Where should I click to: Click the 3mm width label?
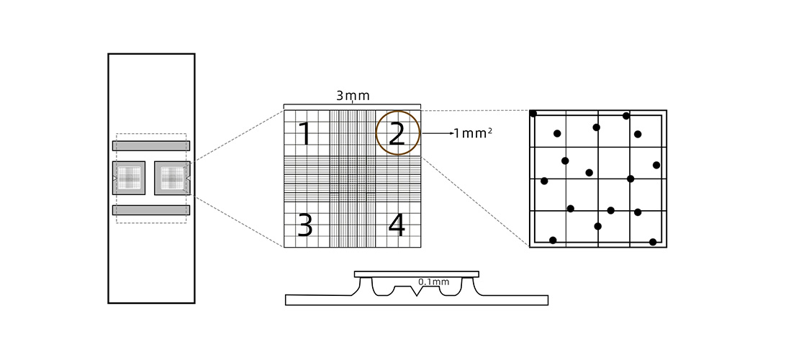353,96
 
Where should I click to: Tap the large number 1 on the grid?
305,134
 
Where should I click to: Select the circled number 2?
397,134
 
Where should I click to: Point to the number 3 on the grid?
305,225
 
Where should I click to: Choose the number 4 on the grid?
397,225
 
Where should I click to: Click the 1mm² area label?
473,133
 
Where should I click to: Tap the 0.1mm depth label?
433,282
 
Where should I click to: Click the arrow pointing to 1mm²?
438,133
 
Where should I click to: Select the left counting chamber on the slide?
129,179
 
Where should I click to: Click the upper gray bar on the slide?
151,146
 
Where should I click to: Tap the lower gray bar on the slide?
151,210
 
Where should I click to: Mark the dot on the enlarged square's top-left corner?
533,114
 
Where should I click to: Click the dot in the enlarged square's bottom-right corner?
653,242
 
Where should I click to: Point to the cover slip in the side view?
416,274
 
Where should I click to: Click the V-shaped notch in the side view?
416,292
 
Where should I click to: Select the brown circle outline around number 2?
398,133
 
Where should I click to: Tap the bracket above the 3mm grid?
352,106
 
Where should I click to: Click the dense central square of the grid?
352,179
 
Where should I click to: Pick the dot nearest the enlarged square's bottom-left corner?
553,240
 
